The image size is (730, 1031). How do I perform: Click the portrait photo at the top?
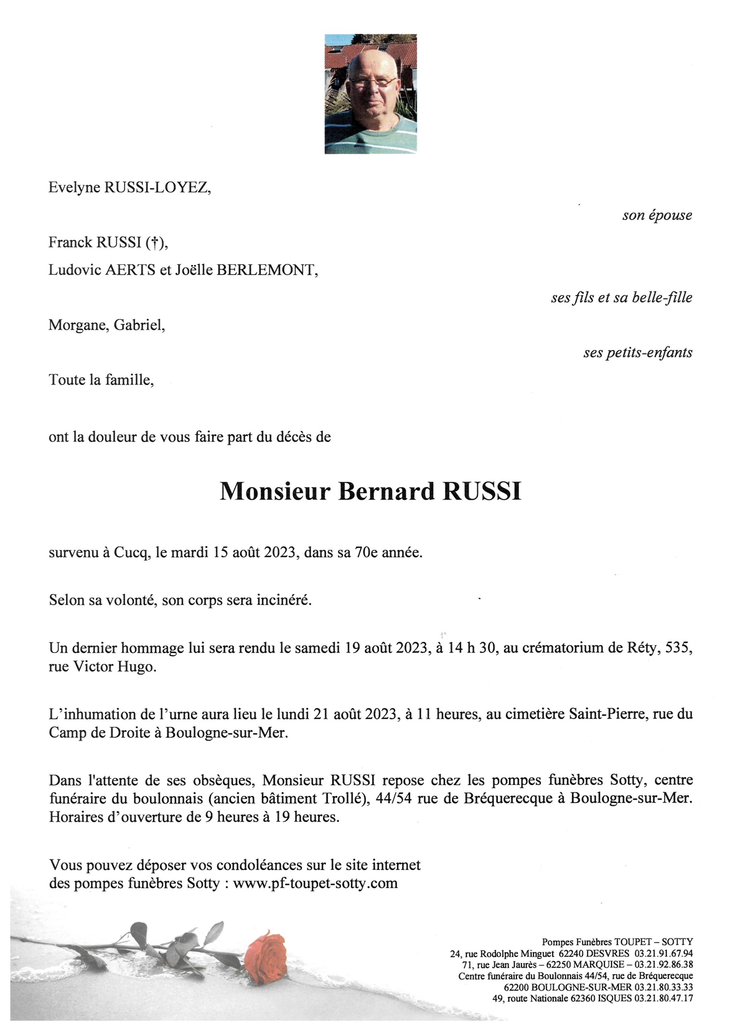[371, 94]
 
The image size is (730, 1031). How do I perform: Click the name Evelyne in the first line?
[74, 188]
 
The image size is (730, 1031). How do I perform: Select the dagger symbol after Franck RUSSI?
[154, 243]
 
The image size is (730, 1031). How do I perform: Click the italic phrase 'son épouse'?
[657, 216]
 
